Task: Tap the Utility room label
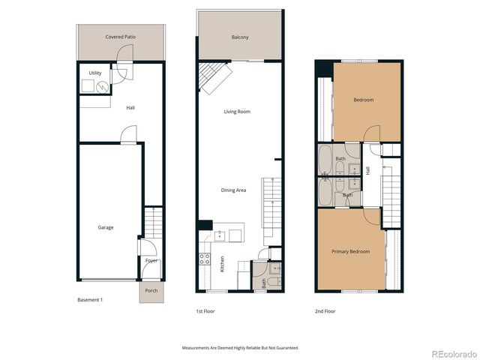tap(95, 73)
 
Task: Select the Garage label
tap(106, 227)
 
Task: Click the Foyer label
tap(151, 261)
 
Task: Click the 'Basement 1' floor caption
tap(90, 300)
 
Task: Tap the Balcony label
tap(239, 37)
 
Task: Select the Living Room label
tap(237, 112)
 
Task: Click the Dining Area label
tap(233, 190)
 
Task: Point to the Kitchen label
tap(222, 263)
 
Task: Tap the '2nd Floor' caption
tap(325, 310)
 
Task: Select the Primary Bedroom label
tap(351, 252)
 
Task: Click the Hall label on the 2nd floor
tap(367, 171)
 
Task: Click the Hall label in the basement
tap(130, 108)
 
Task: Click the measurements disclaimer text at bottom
tap(239, 347)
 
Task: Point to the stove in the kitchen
tap(204, 261)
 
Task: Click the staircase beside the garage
tap(152, 220)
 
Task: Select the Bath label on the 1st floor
tap(264, 283)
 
